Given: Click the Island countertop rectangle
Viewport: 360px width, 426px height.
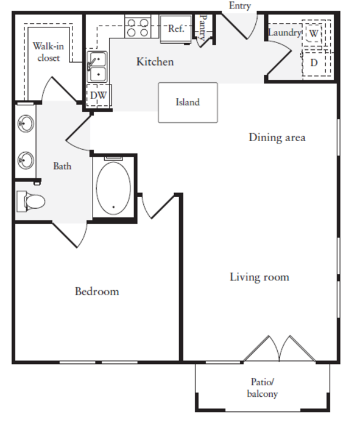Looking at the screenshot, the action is (188, 102).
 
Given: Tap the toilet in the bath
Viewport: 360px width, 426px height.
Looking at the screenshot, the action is (30, 201).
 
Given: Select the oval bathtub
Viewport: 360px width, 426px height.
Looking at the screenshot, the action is (113, 189).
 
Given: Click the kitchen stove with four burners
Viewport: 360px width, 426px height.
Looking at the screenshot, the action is (138, 28).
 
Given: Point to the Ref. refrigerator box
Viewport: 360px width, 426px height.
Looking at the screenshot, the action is (175, 29).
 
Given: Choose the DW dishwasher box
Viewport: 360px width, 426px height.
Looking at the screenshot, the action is (99, 96).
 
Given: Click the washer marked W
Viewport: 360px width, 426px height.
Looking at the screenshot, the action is (314, 33).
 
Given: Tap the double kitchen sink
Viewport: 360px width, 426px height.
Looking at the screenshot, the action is (97, 67).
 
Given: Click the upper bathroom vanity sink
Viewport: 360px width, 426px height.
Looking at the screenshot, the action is (26, 124).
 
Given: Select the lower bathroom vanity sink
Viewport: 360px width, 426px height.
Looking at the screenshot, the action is (26, 160).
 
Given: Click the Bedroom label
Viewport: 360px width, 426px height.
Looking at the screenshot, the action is (97, 292).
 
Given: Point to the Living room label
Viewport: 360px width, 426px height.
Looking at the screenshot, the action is (259, 278).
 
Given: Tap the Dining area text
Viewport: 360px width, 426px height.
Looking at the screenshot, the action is (277, 138).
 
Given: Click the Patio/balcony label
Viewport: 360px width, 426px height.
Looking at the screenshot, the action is (263, 388).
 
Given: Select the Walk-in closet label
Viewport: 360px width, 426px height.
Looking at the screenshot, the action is (48, 52).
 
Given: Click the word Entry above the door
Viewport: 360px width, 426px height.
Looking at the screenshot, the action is (240, 5).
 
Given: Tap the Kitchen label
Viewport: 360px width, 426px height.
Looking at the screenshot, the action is (155, 61).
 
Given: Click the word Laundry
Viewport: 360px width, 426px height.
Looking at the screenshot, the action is (284, 33).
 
